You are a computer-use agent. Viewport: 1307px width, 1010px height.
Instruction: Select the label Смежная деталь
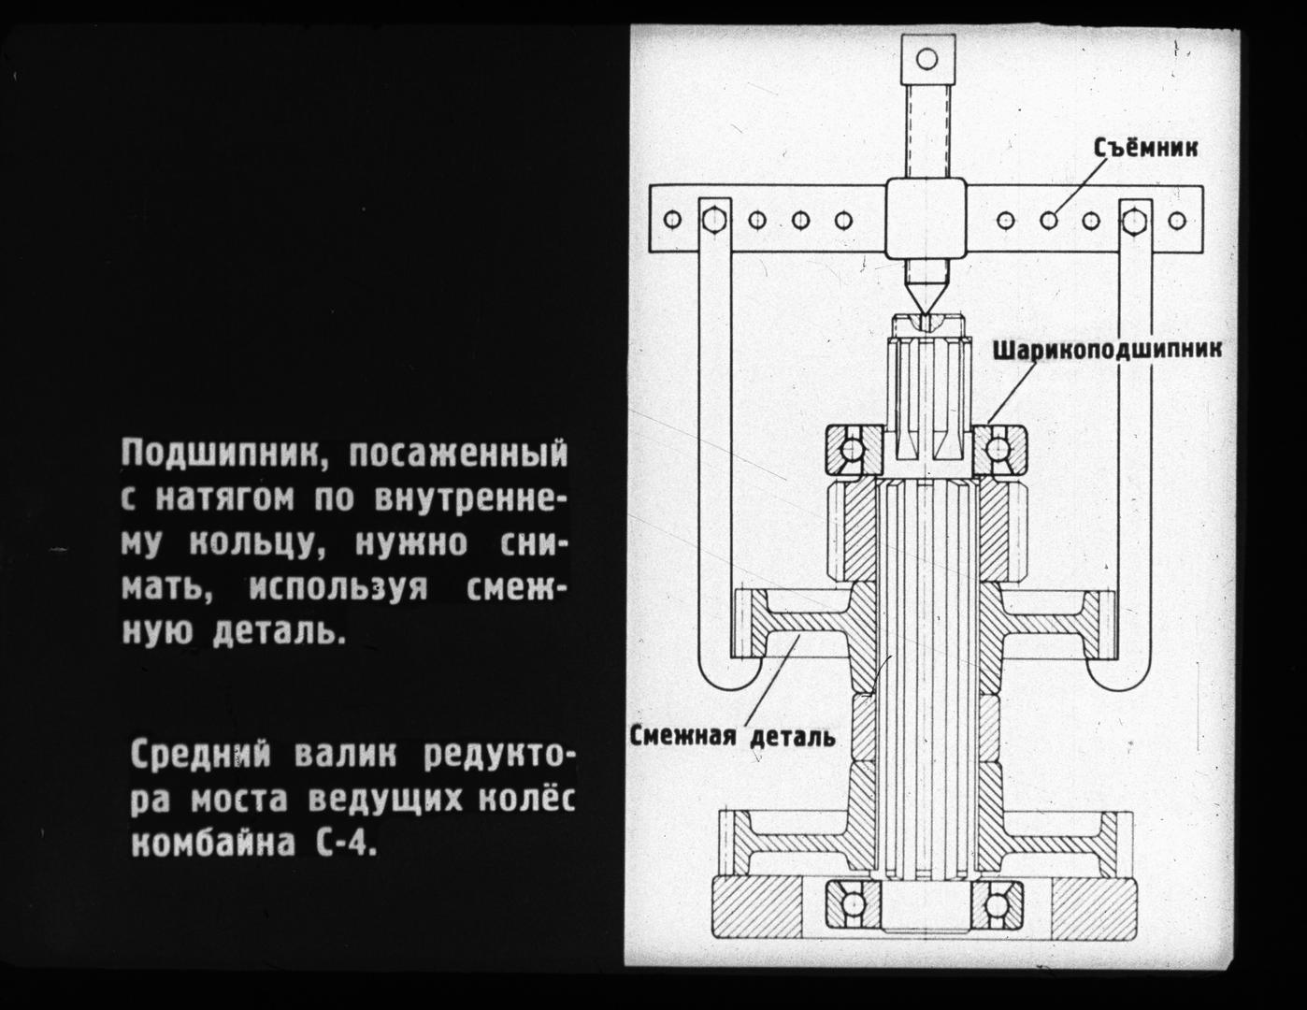[x=733, y=736]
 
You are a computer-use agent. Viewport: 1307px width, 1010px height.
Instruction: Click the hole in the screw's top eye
[x=927, y=59]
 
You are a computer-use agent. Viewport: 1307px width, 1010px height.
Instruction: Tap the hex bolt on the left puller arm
[x=714, y=220]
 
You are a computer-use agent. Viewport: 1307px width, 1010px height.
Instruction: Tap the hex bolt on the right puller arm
[x=1134, y=221]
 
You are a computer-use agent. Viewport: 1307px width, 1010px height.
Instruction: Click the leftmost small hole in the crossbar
[x=673, y=220]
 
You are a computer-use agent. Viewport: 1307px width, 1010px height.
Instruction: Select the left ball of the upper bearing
[x=853, y=448]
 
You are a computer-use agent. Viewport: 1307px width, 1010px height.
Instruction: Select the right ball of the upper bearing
[x=997, y=448]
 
